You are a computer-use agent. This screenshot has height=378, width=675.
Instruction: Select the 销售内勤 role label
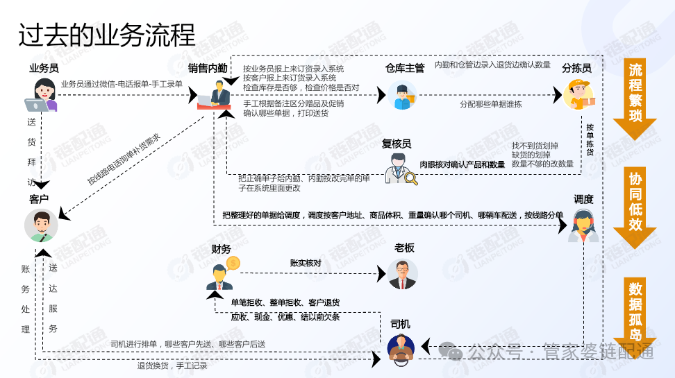pos(207,68)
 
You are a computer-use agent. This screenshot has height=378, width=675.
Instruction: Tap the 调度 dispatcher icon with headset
pos(583,225)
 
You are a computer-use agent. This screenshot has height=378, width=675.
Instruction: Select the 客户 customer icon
pos(41,225)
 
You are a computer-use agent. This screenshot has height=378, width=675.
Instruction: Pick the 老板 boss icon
pos(403,274)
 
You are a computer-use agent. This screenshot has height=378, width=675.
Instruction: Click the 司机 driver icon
pos(401,348)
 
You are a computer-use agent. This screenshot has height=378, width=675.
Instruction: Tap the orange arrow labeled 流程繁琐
pos(635,97)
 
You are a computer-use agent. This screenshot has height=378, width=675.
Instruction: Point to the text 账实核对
pos(306,263)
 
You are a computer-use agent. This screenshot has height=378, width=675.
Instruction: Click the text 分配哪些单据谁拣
pos(490,104)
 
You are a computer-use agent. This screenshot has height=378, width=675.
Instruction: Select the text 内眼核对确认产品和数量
pos(462,164)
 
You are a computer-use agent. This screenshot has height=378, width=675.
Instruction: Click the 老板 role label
pos(404,248)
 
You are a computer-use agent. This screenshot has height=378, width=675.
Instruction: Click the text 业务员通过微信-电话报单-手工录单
pos(122,84)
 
